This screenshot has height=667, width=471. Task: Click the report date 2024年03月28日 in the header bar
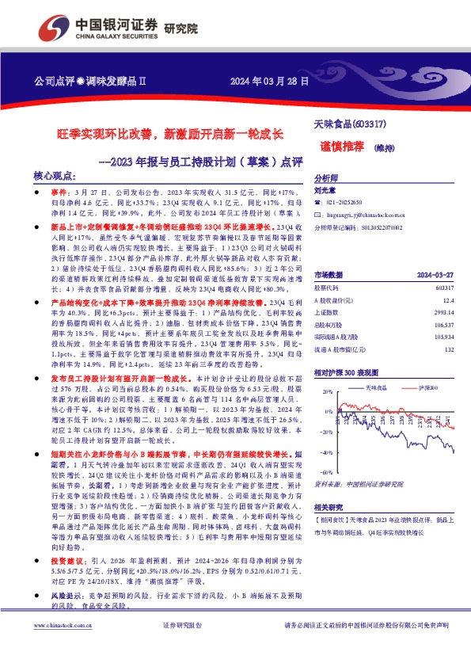264,82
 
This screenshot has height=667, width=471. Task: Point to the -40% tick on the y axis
325,452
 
